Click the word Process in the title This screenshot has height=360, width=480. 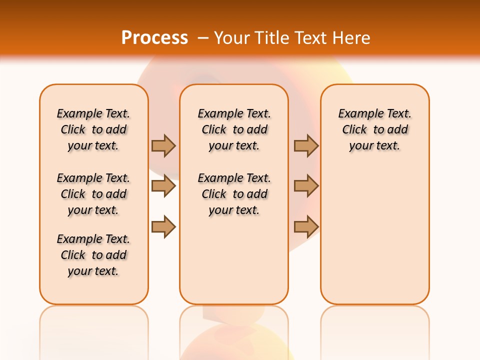tap(154, 37)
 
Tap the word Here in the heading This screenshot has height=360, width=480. tap(352, 38)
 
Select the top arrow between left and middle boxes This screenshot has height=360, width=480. tap(163, 145)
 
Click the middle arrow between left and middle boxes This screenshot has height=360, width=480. tap(163, 186)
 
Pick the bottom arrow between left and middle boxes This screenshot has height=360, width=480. tap(163, 227)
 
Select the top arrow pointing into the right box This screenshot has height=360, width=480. tap(306, 145)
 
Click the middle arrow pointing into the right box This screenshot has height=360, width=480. tap(306, 186)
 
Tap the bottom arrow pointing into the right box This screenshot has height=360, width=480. tap(306, 227)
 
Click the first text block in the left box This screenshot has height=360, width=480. tap(93, 129)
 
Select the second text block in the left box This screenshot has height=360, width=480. tap(93, 194)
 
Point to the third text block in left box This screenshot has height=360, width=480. tap(93, 255)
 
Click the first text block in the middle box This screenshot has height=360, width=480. tap(234, 129)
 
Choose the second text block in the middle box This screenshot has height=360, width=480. tap(234, 194)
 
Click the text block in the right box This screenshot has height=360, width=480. tap(374, 129)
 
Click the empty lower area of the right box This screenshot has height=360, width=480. tap(374, 235)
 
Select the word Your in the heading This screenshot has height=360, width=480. tap(232, 38)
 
